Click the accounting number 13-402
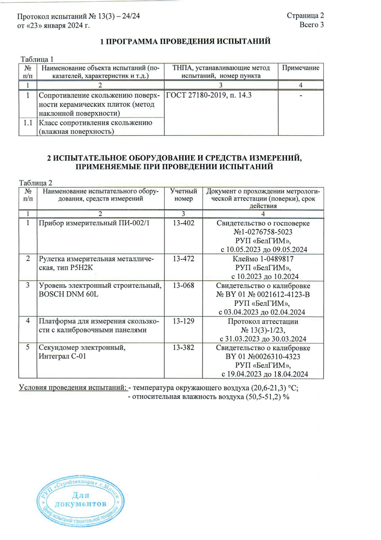pos(183,223)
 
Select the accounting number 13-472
pos(183,258)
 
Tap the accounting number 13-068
pos(183,285)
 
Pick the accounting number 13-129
pos(183,321)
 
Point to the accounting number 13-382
pos(183,347)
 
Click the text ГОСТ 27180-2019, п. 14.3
pos(209,95)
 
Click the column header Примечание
pos(300,68)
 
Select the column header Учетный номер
pos(183,195)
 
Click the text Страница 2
pos(305,16)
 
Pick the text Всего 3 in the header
pos(312,25)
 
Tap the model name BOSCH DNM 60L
pos(69,294)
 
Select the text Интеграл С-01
pos(62,356)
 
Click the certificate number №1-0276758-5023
pos(263,232)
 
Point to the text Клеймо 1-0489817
pos(263,259)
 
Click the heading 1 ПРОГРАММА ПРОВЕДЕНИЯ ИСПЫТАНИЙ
pos(186,41)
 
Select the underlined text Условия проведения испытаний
pos(73,387)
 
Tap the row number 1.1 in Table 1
pos(28,123)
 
